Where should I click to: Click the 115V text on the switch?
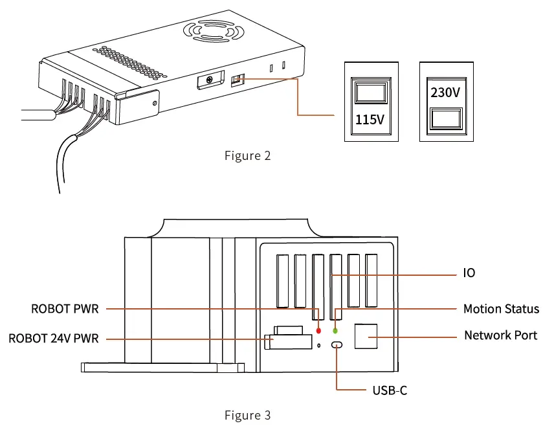click(x=370, y=120)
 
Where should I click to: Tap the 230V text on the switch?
click(x=446, y=93)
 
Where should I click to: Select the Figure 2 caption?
click(x=247, y=155)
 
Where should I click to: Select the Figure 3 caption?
click(x=247, y=414)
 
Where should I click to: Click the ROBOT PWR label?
click(x=65, y=309)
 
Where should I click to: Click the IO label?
click(x=469, y=273)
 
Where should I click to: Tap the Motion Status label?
click(x=501, y=309)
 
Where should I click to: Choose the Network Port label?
click(x=500, y=335)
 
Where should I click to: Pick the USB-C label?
click(x=390, y=390)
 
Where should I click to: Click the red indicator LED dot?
click(x=318, y=330)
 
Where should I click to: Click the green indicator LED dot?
click(x=335, y=330)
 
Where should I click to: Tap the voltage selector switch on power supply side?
click(x=238, y=80)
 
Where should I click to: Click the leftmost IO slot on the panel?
click(x=282, y=280)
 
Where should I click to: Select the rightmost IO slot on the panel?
click(x=371, y=280)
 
